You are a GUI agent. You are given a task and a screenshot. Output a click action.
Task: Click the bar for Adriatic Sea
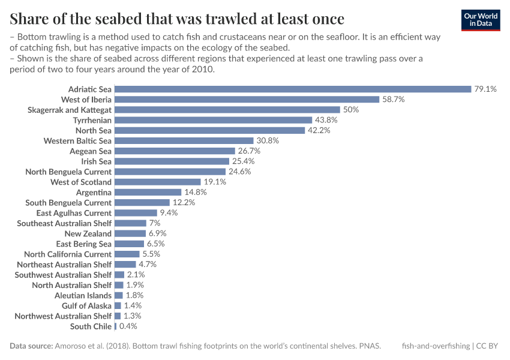(293, 89)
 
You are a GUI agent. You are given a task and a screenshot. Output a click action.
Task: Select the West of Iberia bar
(247, 99)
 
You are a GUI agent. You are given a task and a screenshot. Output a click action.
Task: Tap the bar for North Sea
(209, 130)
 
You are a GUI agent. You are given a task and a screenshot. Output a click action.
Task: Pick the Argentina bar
(148, 192)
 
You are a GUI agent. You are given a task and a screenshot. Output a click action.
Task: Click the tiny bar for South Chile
(115, 326)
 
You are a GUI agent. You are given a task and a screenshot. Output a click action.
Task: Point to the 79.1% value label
(485, 89)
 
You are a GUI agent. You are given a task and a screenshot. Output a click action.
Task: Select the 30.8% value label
(268, 140)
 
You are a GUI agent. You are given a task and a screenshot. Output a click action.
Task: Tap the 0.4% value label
(128, 326)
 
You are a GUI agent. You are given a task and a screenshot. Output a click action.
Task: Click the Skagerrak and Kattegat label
(70, 110)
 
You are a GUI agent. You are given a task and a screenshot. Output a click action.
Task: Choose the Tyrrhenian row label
(92, 120)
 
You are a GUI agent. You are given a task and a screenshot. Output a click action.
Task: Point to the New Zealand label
(88, 233)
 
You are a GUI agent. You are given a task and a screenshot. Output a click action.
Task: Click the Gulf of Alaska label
(86, 305)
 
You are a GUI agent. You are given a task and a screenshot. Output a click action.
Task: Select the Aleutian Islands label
(83, 295)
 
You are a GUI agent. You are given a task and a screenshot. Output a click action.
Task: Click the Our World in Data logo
(481, 19)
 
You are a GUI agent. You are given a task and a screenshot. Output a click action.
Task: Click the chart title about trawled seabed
(177, 18)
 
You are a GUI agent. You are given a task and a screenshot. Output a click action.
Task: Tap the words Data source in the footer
(31, 346)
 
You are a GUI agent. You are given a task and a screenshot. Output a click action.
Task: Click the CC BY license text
(488, 346)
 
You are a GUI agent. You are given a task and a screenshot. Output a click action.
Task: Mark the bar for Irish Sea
(172, 161)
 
